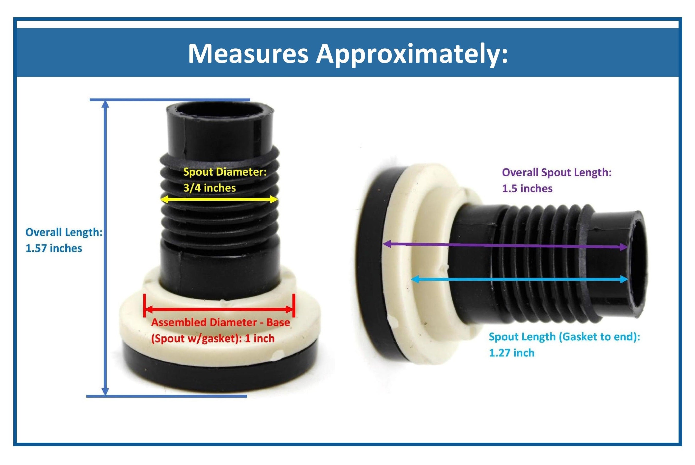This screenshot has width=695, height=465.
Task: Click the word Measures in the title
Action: pos(248,54)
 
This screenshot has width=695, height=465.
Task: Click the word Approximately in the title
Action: pos(412,54)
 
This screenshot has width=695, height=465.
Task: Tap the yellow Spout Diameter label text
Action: pos(225,172)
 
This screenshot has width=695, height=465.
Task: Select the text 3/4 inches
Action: pos(209,188)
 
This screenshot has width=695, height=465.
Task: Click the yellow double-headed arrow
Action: pos(219,199)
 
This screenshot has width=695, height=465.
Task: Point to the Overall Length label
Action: pos(64,232)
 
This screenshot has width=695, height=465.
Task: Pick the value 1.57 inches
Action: pos(54,248)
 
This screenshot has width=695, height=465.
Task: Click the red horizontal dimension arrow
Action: pos(219,310)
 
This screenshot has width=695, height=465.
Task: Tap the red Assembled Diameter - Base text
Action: pos(221,322)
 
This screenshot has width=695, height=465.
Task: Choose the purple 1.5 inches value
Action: pos(527,189)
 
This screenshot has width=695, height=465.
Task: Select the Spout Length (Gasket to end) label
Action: pos(564,337)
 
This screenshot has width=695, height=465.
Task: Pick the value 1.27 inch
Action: pos(511,353)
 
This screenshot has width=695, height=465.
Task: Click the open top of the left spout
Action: pos(219,110)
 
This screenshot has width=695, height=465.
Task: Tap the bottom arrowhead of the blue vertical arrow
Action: pos(105,391)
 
